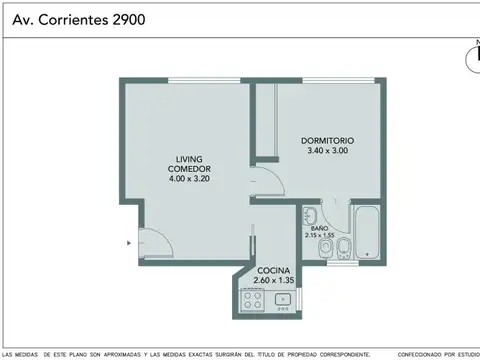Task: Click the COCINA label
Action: point(274,271)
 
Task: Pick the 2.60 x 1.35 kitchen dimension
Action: point(274,282)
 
